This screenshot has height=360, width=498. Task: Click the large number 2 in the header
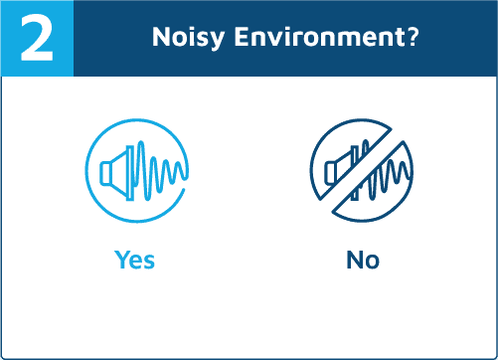(37, 38)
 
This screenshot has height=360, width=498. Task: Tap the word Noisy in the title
(188, 38)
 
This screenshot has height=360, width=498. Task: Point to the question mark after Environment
(413, 36)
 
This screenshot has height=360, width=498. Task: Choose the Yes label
(134, 260)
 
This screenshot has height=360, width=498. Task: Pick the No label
(363, 260)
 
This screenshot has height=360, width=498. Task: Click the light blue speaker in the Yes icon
(117, 173)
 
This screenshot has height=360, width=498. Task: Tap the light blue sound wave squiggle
(160, 171)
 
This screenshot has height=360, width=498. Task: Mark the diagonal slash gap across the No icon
(362, 170)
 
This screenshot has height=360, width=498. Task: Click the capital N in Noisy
(161, 37)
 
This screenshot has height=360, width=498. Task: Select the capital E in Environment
(242, 37)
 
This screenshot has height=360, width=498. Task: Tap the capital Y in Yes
(122, 260)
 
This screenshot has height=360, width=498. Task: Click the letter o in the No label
(373, 262)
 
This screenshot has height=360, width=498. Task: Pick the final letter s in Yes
(149, 262)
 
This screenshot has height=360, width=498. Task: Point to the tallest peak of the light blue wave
(141, 143)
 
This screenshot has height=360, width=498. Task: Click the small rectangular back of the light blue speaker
(105, 173)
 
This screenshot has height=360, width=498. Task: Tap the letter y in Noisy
(216, 41)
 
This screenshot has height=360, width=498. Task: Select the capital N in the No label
(355, 260)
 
